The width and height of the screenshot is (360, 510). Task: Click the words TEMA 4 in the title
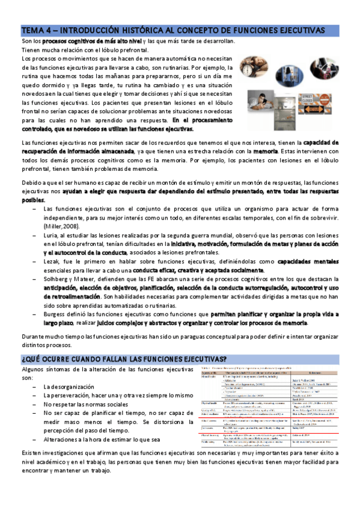tap(34, 29)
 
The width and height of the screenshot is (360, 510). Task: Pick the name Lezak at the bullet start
tap(52, 263)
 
